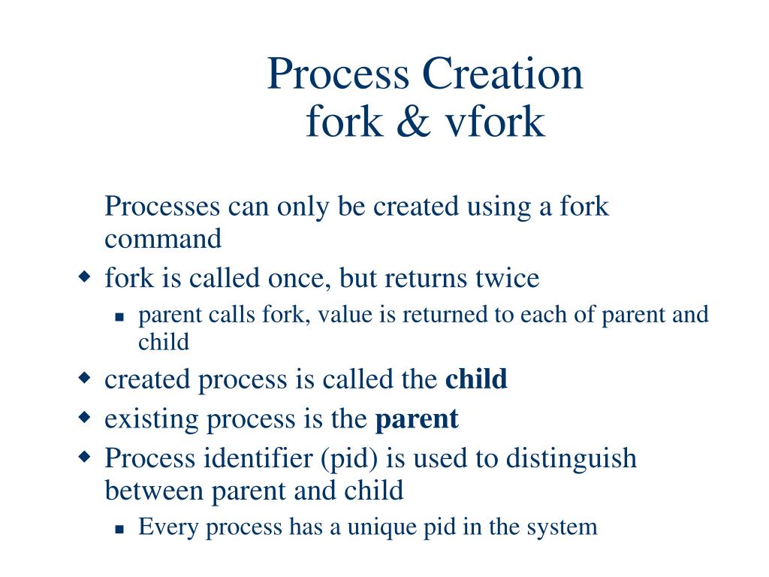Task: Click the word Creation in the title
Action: [x=502, y=74]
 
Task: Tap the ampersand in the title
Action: [x=406, y=122]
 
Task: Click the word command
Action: [x=163, y=239]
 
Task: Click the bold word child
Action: [x=476, y=379]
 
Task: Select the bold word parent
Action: [x=416, y=418]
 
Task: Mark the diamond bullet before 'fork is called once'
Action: [x=84, y=277]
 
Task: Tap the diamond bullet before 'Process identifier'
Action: [x=84, y=456]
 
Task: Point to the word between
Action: [x=154, y=491]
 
